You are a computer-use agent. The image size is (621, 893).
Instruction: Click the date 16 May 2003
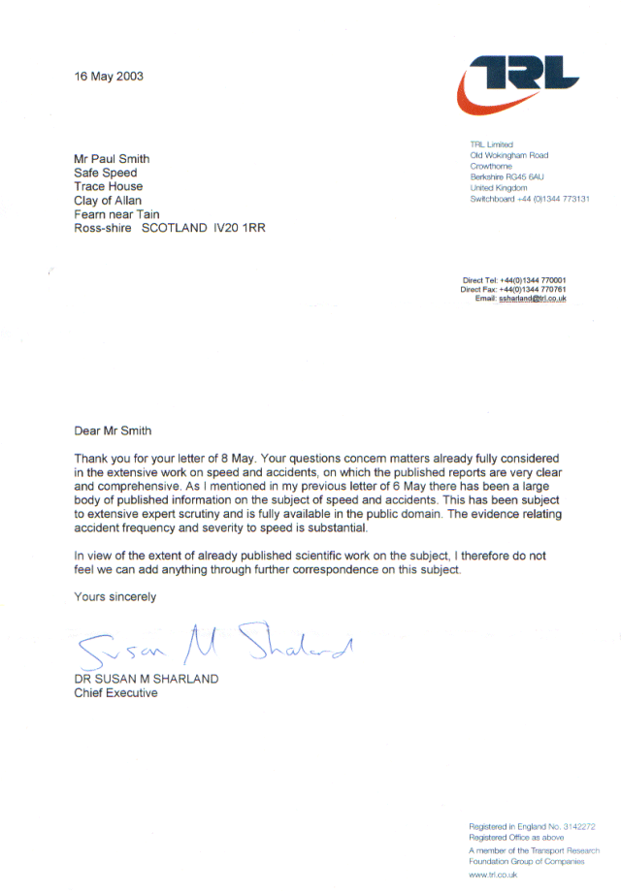[x=109, y=76]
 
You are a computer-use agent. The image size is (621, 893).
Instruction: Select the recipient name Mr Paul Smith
[x=113, y=159]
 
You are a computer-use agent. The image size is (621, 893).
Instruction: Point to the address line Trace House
[x=109, y=186]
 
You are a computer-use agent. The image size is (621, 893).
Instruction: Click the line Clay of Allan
[x=108, y=201]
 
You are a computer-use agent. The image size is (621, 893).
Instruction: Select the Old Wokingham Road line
[x=508, y=155]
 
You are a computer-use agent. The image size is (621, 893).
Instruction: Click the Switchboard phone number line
[x=530, y=199]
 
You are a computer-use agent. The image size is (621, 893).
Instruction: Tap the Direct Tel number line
[x=514, y=280]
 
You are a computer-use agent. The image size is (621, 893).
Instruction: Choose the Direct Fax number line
[x=513, y=289]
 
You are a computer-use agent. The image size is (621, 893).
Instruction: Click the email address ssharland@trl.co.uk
[x=533, y=299]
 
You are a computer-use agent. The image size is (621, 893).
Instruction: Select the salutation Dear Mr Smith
[x=113, y=431]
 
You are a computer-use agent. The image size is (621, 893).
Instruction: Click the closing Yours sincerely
[x=114, y=597]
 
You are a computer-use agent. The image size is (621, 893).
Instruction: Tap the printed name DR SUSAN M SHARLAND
[x=147, y=679]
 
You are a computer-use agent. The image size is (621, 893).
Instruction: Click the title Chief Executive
[x=115, y=693]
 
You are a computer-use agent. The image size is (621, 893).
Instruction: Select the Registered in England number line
[x=532, y=826]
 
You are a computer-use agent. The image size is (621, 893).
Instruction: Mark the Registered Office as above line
[x=516, y=837]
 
